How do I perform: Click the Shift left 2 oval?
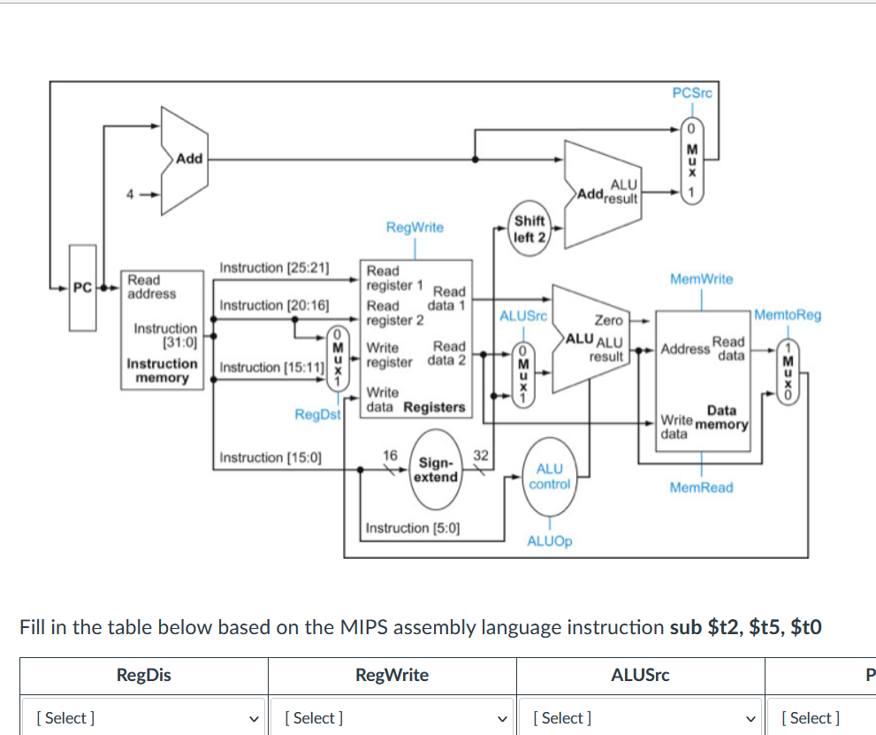point(529,228)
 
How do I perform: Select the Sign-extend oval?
point(437,470)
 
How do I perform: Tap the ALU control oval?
point(549,477)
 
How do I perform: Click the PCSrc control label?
point(692,93)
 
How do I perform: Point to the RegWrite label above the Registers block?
point(415,227)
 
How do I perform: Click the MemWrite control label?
point(701,279)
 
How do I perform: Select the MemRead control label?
point(701,487)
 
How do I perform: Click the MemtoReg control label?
point(788,315)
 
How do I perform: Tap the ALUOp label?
point(549,540)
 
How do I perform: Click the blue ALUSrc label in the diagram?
point(523,315)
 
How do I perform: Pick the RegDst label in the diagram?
point(317,413)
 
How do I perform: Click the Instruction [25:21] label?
point(274,267)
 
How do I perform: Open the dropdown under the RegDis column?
point(144,718)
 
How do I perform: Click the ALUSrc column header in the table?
point(640,676)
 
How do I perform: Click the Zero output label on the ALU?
point(608,320)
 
